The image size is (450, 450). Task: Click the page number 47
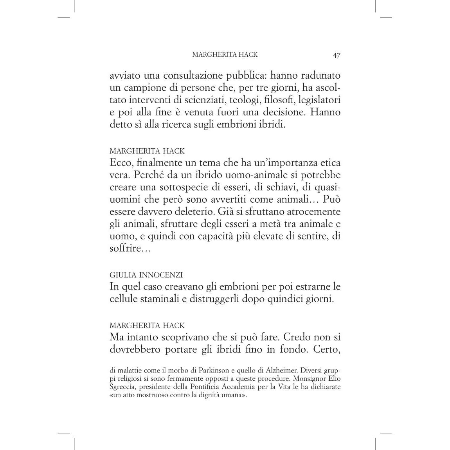click(337, 55)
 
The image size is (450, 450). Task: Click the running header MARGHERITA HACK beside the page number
click(225, 54)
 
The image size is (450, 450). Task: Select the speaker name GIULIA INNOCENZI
click(146, 275)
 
